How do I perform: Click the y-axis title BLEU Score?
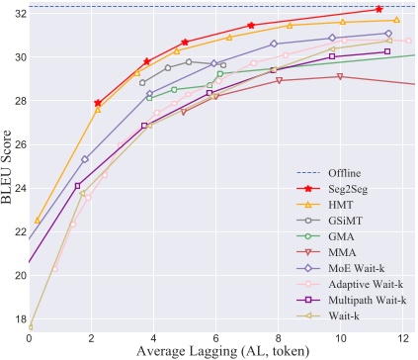(9, 167)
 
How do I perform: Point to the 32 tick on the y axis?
(17, 14)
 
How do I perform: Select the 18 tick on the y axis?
(17, 318)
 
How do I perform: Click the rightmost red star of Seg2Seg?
(379, 9)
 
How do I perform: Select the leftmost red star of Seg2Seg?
(98, 103)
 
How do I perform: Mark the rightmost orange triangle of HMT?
(396, 20)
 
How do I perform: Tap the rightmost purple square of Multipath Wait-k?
(387, 51)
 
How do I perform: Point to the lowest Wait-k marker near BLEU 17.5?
(31, 326)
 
